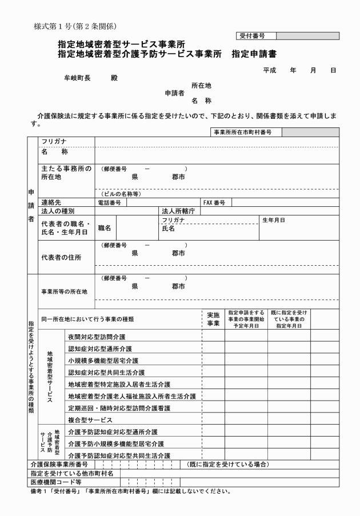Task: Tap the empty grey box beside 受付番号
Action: (302, 35)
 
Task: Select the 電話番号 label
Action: (111, 202)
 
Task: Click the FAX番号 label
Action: (214, 202)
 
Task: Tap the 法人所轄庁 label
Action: (179, 211)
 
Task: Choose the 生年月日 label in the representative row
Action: (274, 220)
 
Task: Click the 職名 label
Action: (105, 228)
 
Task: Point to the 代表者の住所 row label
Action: (61, 257)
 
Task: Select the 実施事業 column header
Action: (213, 319)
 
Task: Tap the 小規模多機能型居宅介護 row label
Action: (102, 361)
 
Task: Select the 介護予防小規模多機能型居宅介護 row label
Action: (115, 443)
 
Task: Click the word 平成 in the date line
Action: (270, 70)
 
